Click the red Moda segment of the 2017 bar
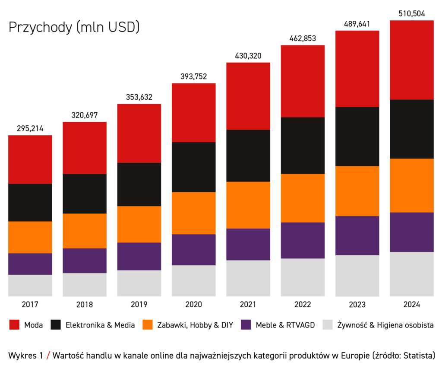click(30, 159)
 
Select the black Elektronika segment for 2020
click(194, 167)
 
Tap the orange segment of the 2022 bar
click(303, 198)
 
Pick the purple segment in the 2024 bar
click(412, 232)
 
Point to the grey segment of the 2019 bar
click(139, 283)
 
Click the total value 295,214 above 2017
click(30, 128)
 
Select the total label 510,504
click(412, 13)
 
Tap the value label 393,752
click(194, 76)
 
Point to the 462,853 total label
click(303, 38)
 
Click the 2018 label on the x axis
click(85, 305)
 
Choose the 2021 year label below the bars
click(248, 305)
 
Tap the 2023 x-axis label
click(357, 305)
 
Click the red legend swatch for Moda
click(14, 325)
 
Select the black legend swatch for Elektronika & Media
click(56, 325)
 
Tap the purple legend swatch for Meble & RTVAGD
click(246, 325)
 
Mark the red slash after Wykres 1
click(49, 356)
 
